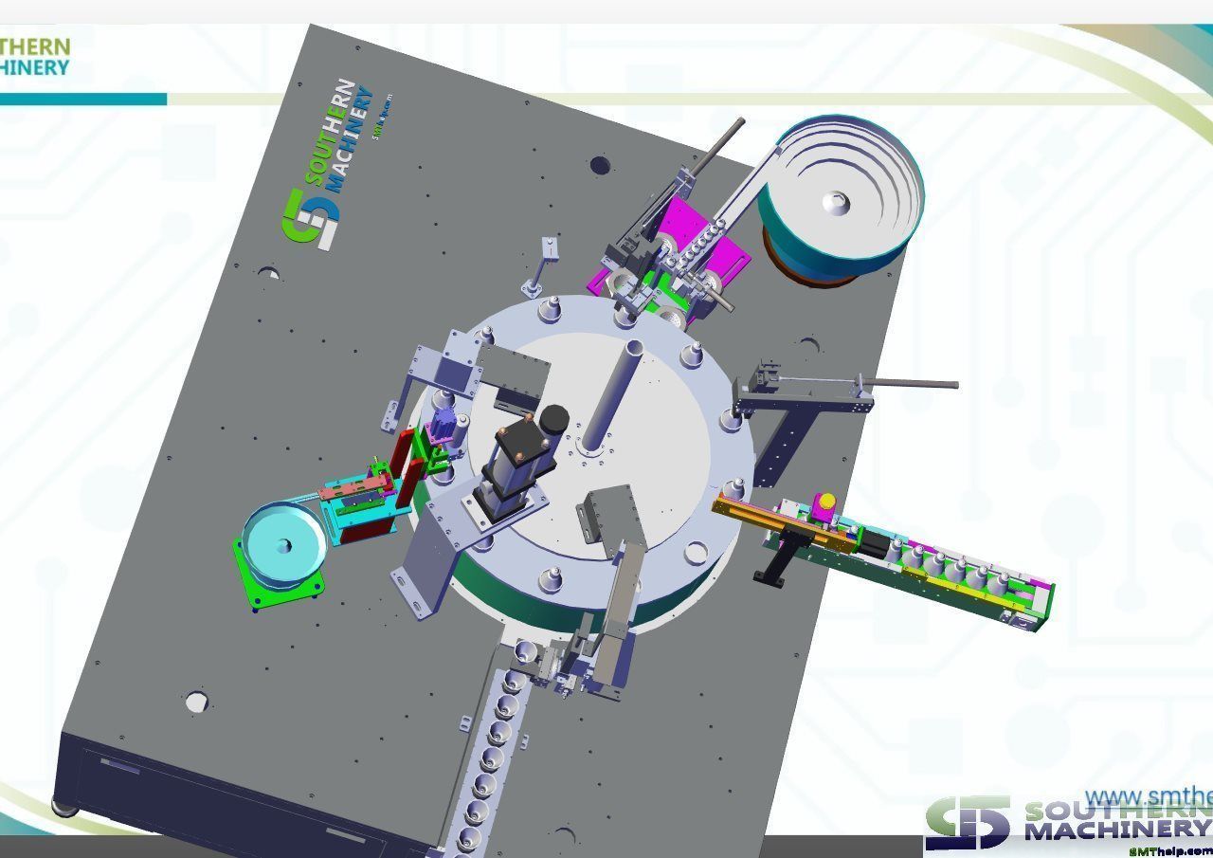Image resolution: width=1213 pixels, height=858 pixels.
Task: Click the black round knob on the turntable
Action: pyautogui.click(x=552, y=418)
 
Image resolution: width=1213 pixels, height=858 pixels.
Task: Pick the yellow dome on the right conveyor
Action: pyautogui.click(x=826, y=501)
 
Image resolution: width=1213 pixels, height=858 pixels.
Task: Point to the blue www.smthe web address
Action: pyautogui.click(x=1148, y=796)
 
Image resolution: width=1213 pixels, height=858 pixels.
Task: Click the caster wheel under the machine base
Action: pyautogui.click(x=64, y=808)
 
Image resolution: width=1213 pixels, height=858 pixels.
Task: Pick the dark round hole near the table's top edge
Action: pyautogui.click(x=600, y=166)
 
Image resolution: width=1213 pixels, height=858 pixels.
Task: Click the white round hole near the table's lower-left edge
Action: pyautogui.click(x=196, y=702)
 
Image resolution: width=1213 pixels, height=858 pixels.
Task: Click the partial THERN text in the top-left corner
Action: pyautogui.click(x=35, y=47)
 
